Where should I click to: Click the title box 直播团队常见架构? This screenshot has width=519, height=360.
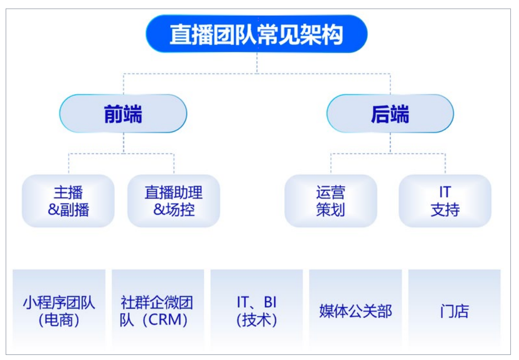256,34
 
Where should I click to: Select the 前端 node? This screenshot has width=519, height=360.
123,114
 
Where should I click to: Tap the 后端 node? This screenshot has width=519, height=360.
390,114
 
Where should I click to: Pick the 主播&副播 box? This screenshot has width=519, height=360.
68,201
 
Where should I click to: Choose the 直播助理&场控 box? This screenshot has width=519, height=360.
173,201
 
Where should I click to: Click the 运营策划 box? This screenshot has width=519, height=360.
330,201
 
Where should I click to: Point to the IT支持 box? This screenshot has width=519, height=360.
445,201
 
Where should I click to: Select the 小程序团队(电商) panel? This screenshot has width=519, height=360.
59,311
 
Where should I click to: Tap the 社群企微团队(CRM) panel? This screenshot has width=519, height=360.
157,311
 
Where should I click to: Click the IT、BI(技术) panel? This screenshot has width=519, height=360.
256,311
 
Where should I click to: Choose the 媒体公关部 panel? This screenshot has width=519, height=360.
355,311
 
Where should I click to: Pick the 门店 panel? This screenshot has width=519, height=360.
454,311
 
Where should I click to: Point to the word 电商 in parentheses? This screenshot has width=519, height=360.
59,321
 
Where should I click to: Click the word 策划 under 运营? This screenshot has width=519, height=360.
330,210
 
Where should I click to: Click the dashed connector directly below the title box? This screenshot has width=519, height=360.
256,63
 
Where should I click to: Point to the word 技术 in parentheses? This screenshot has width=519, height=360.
256,321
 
